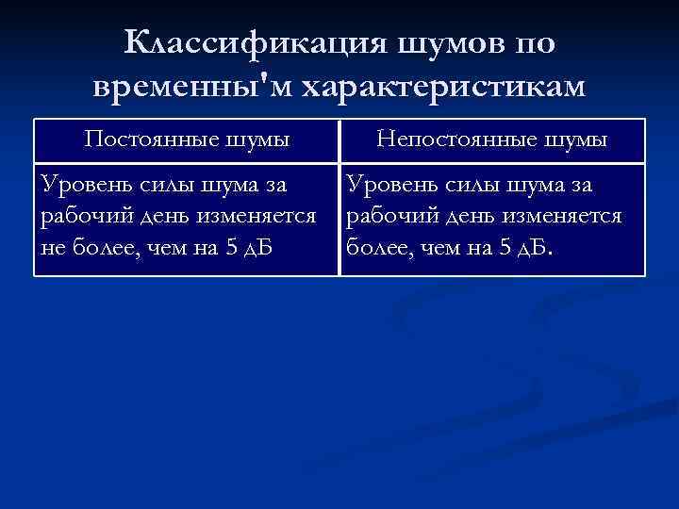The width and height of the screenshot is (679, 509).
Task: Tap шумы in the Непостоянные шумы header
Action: pos(574,140)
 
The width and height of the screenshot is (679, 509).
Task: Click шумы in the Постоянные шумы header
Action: pos(257,140)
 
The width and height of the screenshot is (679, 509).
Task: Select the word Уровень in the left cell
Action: pos(82,186)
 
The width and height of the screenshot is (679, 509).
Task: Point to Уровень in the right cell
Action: pos(389,186)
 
